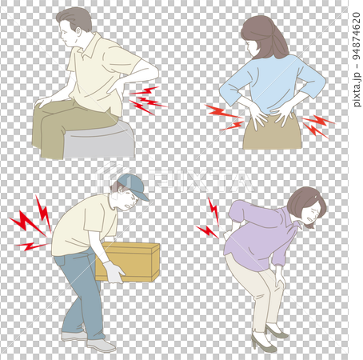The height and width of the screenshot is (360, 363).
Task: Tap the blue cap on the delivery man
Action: pos(132,187)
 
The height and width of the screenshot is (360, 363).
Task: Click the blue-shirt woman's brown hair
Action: pos(267,36)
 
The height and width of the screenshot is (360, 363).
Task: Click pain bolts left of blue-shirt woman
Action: pos(225,117)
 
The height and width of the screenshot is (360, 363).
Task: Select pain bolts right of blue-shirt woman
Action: pos(317,124)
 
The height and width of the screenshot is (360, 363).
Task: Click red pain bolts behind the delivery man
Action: pos(30,224)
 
